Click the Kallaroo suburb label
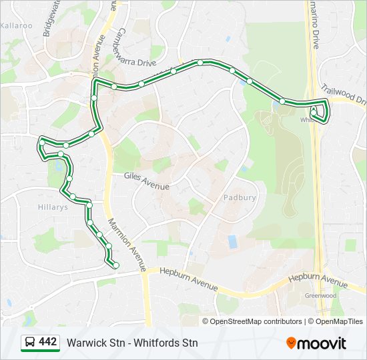click(x=17, y=25)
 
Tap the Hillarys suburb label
click(x=53, y=207)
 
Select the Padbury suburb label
click(x=240, y=197)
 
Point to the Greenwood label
click(x=320, y=295)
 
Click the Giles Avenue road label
click(x=147, y=181)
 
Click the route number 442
click(x=47, y=342)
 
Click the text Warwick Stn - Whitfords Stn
click(x=132, y=343)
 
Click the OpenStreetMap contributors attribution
click(x=252, y=321)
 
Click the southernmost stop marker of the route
click(x=116, y=266)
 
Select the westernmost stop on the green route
click(x=42, y=142)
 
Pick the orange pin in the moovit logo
click(x=291, y=343)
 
